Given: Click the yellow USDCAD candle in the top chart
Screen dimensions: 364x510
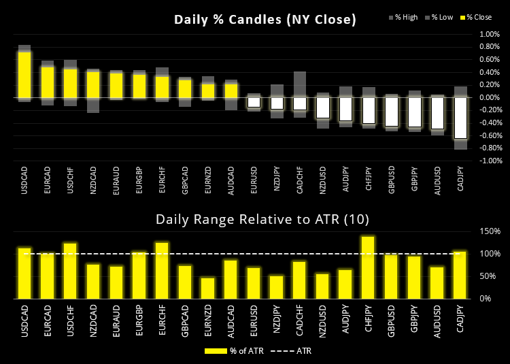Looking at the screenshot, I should [24, 75].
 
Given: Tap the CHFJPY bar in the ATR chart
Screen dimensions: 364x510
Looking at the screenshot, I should [368, 267].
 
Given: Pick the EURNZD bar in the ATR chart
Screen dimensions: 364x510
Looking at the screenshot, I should [208, 288].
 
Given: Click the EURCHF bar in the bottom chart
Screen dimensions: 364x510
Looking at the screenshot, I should [162, 270].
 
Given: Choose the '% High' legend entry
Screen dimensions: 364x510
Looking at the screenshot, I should [409, 16].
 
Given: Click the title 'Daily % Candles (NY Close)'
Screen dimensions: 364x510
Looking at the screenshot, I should [265, 20].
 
